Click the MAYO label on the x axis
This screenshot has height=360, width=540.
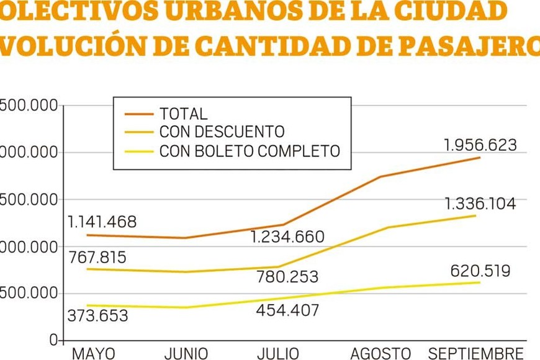94,354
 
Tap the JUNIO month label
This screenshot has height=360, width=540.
186,354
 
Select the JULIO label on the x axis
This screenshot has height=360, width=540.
277,354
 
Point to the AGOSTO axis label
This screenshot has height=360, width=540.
380,354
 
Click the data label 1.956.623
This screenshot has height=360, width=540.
480,145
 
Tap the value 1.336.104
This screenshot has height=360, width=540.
480,204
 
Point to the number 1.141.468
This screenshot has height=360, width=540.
102,222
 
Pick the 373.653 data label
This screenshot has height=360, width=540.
98,315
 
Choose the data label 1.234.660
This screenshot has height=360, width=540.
287,237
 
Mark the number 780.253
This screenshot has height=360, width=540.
287,277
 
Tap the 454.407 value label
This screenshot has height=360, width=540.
287,310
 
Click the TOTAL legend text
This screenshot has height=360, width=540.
183,114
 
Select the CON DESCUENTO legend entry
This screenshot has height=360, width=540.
222,132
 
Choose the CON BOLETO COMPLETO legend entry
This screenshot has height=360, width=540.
250,151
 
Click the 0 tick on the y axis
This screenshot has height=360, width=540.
53,340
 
